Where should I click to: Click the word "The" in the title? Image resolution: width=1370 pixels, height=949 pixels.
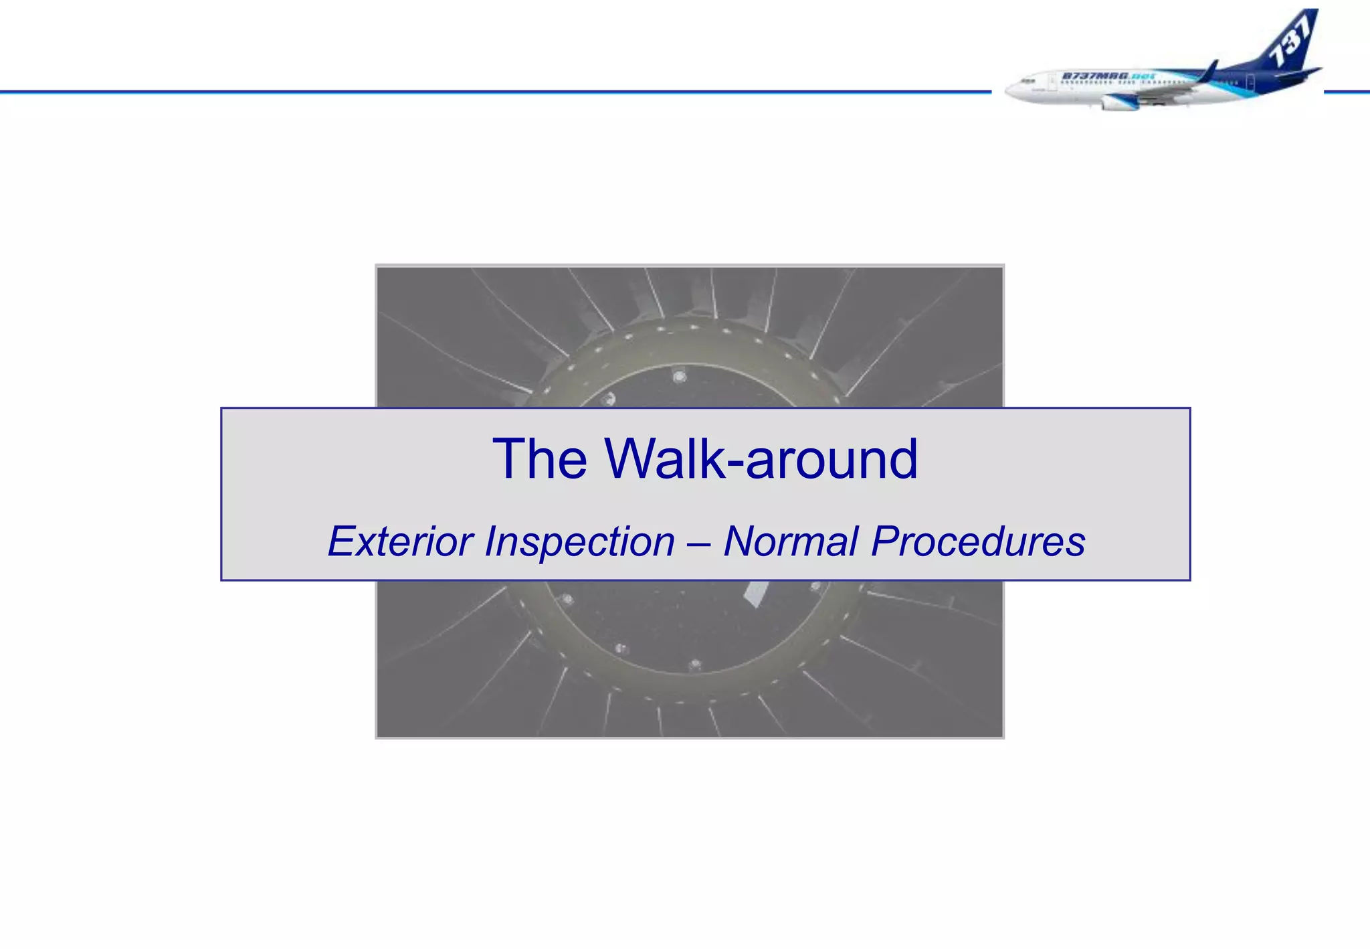pos(539,459)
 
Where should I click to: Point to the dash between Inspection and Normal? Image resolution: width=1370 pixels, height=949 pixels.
pos(700,542)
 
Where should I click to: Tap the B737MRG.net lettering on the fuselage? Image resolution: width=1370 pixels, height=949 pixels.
pos(1108,76)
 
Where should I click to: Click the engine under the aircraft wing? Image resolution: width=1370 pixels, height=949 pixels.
pos(1118,102)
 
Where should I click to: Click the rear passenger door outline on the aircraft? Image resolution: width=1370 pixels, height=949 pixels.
pos(1250,82)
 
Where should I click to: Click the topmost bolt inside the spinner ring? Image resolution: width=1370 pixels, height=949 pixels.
pos(679,377)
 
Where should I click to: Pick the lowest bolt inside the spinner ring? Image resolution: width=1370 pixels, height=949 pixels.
pos(695,665)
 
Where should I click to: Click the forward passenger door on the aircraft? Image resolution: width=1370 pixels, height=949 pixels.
pos(1052,83)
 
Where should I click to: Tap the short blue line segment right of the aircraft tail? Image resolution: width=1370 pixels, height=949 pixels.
pos(1346,92)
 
